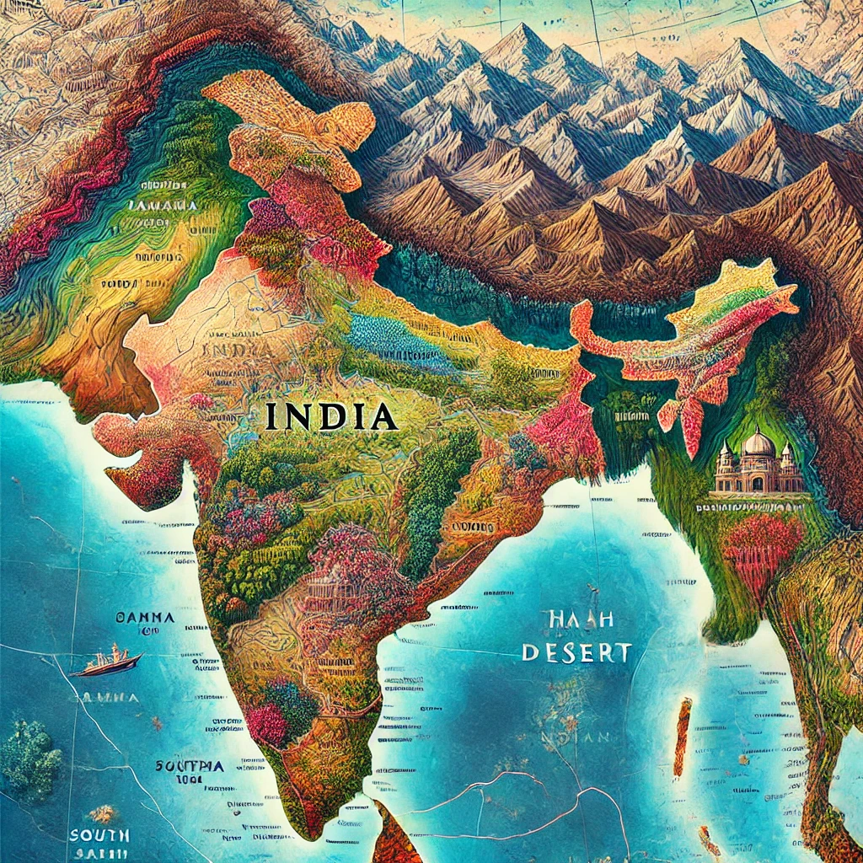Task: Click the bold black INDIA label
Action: coord(331,416)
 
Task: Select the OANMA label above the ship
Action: coord(146,618)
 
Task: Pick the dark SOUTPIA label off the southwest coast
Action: coord(190,767)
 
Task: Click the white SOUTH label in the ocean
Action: coord(99,835)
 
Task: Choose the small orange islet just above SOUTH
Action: coord(102,812)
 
